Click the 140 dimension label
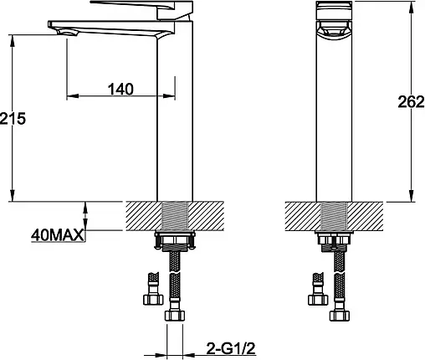pyautogui.click(x=120, y=89)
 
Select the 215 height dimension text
pyautogui.click(x=13, y=118)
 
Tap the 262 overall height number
pyautogui.click(x=411, y=102)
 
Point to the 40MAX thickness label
pyautogui.click(x=57, y=235)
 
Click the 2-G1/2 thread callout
pyautogui.click(x=231, y=348)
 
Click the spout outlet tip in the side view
pyautogui.click(x=67, y=33)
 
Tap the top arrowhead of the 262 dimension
pyautogui.click(x=411, y=6)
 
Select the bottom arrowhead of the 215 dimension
pyautogui.click(x=12, y=195)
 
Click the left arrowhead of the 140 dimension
pyautogui.click(x=72, y=96)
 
